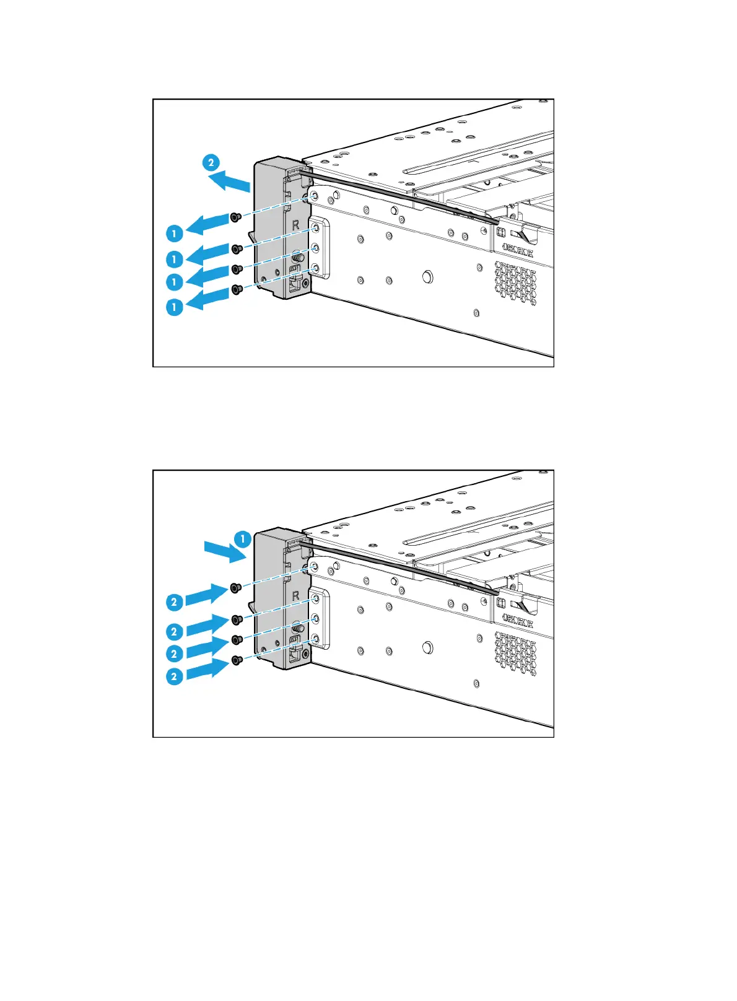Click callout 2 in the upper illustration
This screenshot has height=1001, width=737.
211,163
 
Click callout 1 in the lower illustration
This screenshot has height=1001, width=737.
243,539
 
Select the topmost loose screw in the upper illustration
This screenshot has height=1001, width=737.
235,217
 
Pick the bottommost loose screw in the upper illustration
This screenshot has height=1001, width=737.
236,289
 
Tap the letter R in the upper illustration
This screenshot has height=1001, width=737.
295,225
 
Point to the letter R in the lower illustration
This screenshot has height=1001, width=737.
295,596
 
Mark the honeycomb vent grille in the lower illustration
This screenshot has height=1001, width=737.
515,653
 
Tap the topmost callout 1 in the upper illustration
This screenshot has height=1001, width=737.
175,234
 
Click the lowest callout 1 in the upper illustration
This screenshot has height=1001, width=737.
175,307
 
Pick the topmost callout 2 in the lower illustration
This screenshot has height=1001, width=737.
174,601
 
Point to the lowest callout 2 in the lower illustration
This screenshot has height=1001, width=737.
174,676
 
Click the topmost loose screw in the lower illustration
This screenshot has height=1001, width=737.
235,587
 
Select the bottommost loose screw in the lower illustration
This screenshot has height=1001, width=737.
236,661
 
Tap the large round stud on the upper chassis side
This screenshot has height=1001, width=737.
427,276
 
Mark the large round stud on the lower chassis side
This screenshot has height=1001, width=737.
427,647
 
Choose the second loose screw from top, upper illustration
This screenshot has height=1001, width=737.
236,249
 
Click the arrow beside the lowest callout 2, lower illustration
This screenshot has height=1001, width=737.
208,669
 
